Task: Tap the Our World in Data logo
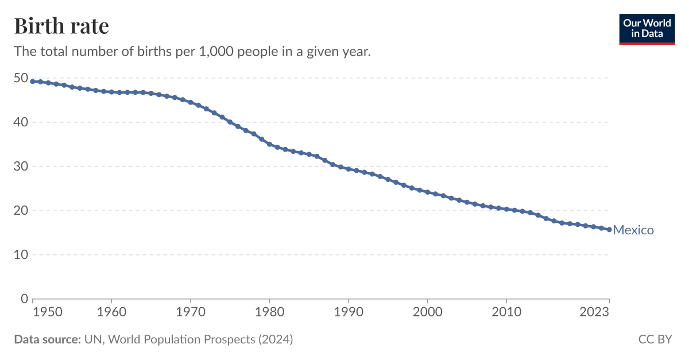click(x=647, y=28)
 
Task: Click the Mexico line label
click(x=633, y=230)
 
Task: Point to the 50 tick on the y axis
click(x=21, y=78)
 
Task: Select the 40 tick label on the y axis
click(x=21, y=122)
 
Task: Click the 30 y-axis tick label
click(x=21, y=166)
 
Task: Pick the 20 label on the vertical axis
click(x=21, y=210)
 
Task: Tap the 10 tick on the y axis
click(x=21, y=254)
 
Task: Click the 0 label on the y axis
click(x=25, y=299)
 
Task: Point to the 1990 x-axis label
click(x=349, y=312)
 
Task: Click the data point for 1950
click(x=33, y=81)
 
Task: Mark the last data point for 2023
click(x=609, y=229)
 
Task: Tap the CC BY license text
click(x=655, y=339)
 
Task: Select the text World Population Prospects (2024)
click(x=200, y=339)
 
